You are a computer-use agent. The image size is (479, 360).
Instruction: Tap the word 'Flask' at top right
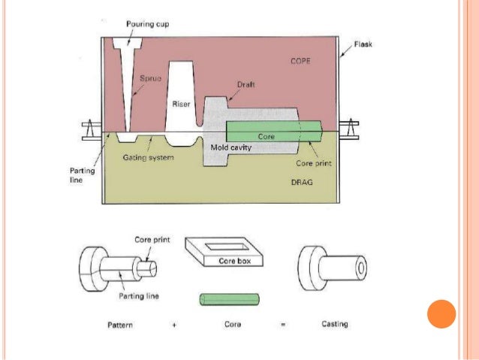pos(363,44)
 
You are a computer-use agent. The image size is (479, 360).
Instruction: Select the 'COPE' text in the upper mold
pos(299,62)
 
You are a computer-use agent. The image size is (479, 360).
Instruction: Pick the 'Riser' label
pos(181,104)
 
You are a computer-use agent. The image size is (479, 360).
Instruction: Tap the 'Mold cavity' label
pos(230,148)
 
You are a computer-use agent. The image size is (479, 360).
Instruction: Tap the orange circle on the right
pos(441,313)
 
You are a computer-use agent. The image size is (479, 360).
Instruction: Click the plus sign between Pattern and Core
pos(170,325)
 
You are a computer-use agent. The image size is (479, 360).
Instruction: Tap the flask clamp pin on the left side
pos(89,130)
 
